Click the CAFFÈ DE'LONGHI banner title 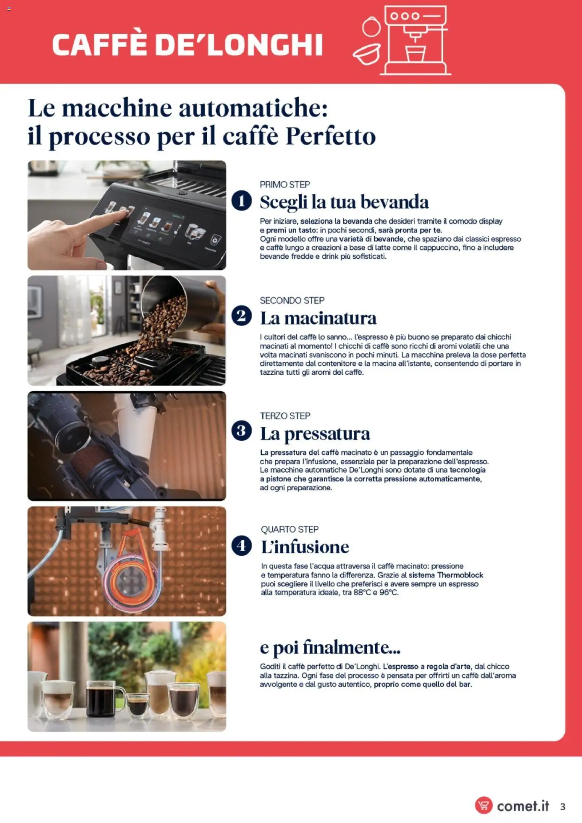click(x=187, y=45)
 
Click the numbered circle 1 click(x=241, y=200)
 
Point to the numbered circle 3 click(x=241, y=431)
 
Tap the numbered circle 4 click(x=241, y=546)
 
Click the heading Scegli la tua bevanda click(x=344, y=202)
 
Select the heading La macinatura click(x=318, y=318)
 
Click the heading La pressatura click(x=315, y=433)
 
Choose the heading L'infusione click(x=305, y=547)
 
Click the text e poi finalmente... click(x=330, y=647)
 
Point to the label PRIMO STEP click(x=285, y=184)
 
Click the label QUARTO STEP click(x=289, y=529)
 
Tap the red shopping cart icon click(x=484, y=805)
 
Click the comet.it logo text click(x=523, y=806)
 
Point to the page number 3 click(x=562, y=806)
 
